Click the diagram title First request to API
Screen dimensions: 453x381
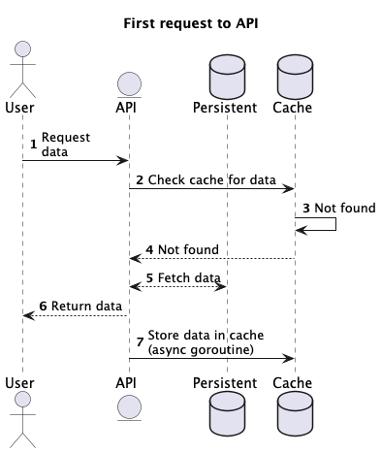click(190, 22)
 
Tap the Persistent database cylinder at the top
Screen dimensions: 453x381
click(227, 72)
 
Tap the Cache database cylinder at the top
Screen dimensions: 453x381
click(294, 72)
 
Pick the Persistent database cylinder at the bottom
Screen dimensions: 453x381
click(227, 413)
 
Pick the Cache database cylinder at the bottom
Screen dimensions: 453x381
click(294, 413)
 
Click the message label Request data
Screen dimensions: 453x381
click(65, 145)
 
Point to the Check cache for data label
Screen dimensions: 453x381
click(211, 179)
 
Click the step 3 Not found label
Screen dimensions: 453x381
click(344, 208)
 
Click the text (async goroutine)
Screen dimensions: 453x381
click(201, 348)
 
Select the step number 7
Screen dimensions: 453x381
click(140, 341)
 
